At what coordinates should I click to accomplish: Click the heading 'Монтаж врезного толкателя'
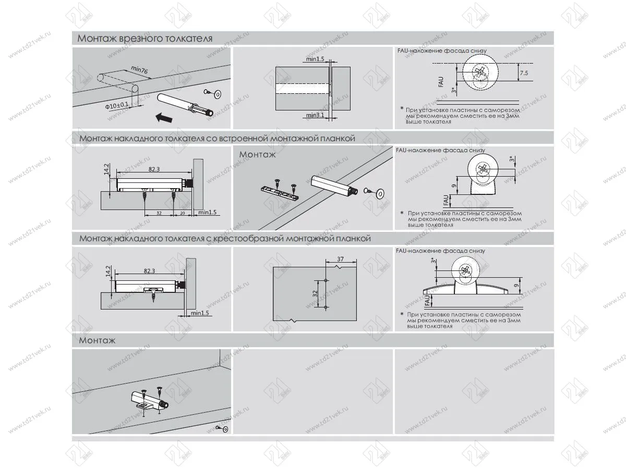click(x=145, y=39)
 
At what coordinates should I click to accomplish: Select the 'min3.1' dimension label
click(x=315, y=115)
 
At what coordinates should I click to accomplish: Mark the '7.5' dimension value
click(x=523, y=73)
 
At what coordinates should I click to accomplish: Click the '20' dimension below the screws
click(x=183, y=213)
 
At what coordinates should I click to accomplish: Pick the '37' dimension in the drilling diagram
click(x=340, y=258)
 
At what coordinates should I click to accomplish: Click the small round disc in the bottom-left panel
click(x=225, y=429)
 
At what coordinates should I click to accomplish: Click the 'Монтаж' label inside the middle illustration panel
click(x=257, y=155)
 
